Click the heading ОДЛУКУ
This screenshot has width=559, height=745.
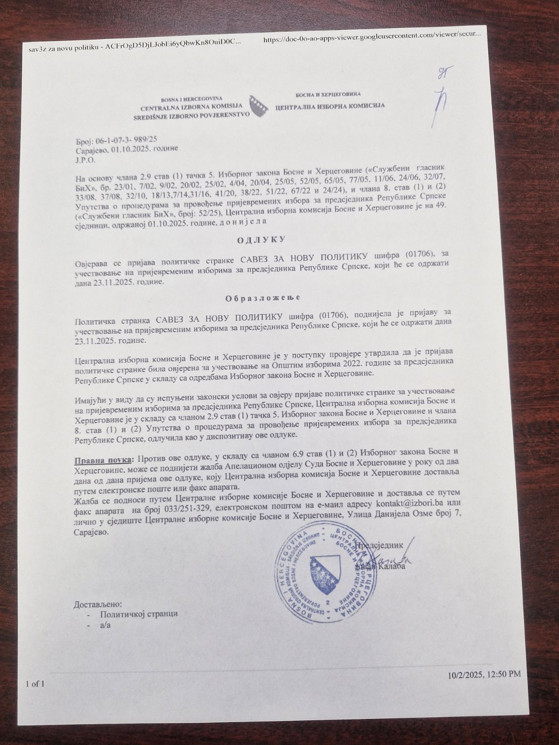click(x=261, y=240)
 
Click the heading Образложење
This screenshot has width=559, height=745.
click(x=263, y=298)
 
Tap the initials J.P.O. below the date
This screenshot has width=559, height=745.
click(x=85, y=159)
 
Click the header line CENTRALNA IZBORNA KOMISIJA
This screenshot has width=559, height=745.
click(x=191, y=107)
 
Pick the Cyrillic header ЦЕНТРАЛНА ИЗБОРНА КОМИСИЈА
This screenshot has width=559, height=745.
click(x=330, y=106)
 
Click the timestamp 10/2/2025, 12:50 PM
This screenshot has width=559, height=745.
click(x=484, y=674)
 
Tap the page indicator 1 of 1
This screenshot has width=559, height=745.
click(x=35, y=684)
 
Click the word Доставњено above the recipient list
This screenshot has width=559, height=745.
click(x=98, y=604)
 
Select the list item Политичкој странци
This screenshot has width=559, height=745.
click(x=139, y=614)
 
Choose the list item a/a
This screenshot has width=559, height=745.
click(x=105, y=625)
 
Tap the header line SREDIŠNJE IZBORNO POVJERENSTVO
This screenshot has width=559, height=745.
click(x=191, y=114)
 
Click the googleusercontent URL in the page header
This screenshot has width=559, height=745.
click(x=372, y=40)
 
